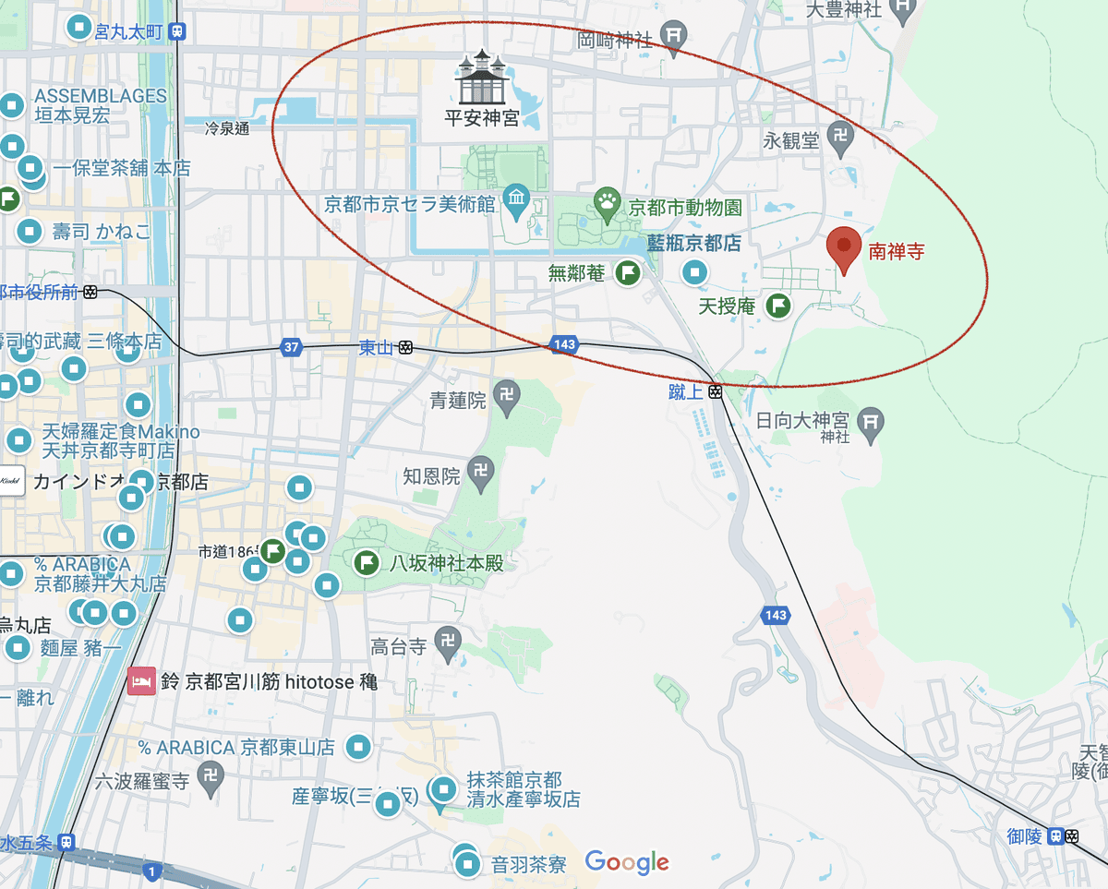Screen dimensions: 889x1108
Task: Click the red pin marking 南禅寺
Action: pos(843,246)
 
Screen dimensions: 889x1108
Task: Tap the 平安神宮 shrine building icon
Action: pos(483,78)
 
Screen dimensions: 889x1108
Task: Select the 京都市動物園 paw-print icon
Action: pos(607,206)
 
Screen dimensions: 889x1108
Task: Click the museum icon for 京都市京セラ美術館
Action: pos(516,199)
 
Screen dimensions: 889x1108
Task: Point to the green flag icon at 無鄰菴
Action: pos(629,272)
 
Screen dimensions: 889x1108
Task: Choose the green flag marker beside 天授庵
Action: pos(779,305)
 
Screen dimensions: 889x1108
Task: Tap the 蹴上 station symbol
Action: pos(716,392)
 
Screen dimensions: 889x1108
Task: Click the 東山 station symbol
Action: pos(406,348)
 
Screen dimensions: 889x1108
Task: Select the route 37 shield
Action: pos(292,347)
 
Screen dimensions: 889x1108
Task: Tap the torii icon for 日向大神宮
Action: pos(871,421)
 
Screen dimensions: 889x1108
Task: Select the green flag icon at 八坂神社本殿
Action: pos(367,562)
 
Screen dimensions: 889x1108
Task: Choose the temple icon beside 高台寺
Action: pos(449,640)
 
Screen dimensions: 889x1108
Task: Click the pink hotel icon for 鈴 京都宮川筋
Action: pos(140,682)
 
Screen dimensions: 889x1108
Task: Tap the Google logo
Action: pos(627,863)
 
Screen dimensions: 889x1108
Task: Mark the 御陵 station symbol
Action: pos(1072,836)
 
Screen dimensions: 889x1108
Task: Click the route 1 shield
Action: pos(152,870)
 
